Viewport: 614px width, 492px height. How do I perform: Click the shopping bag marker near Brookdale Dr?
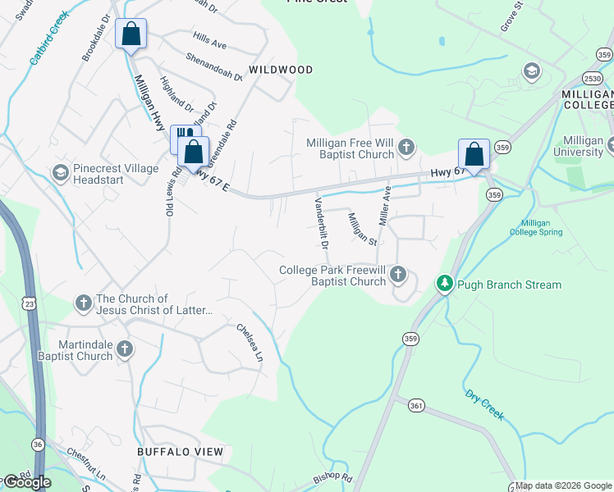(x=131, y=34)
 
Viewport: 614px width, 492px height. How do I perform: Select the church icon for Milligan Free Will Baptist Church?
(x=406, y=148)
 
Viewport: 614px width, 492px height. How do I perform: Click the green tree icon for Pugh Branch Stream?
(x=444, y=284)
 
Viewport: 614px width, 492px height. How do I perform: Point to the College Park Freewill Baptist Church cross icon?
(x=398, y=274)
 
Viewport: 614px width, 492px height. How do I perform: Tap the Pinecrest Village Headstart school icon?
(x=60, y=172)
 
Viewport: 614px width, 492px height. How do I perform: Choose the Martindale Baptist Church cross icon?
(x=124, y=349)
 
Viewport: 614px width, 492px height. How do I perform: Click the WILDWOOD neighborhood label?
(x=281, y=70)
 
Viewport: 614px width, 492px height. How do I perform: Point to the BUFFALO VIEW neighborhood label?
(x=181, y=452)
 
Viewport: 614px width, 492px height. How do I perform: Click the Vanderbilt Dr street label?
(x=321, y=222)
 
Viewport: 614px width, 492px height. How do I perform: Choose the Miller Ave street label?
(x=384, y=207)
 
